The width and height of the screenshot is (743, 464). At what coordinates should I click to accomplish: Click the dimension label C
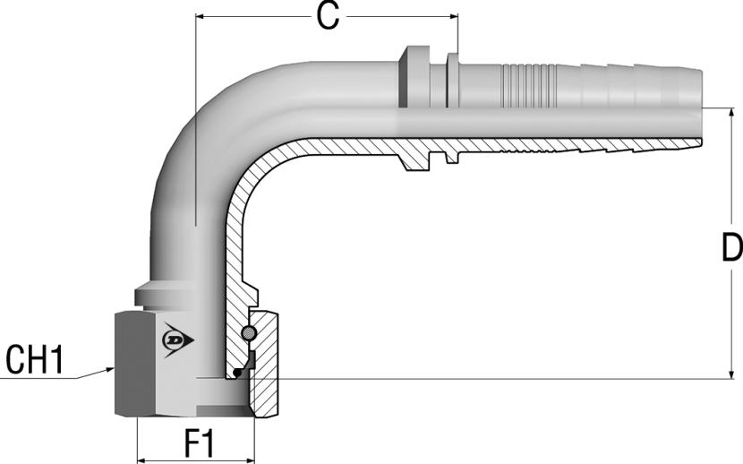click(x=328, y=18)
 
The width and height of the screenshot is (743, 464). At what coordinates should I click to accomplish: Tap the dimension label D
click(x=732, y=247)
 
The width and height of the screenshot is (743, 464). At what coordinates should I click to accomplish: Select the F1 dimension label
click(x=200, y=444)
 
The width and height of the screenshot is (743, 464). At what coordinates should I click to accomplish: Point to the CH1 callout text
click(x=35, y=360)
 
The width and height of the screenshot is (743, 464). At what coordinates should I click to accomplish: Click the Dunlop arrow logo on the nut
click(x=178, y=339)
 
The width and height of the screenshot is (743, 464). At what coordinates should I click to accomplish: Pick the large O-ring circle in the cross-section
click(x=249, y=333)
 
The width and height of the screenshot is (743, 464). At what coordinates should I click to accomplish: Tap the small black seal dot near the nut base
click(x=237, y=374)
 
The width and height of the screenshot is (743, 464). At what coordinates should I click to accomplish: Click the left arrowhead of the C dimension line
click(x=201, y=17)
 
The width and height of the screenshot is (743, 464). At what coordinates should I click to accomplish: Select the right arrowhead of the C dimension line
click(x=454, y=17)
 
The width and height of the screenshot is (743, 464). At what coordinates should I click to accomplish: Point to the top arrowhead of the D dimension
click(x=732, y=114)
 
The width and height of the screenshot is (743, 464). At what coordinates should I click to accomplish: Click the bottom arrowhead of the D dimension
click(x=732, y=374)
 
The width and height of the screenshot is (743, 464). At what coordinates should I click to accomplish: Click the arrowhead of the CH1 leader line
click(x=110, y=369)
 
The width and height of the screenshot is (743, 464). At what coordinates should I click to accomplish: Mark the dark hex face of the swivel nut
click(x=134, y=364)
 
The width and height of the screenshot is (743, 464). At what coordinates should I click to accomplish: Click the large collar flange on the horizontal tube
click(x=414, y=77)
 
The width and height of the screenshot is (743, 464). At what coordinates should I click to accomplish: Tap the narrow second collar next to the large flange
click(x=453, y=80)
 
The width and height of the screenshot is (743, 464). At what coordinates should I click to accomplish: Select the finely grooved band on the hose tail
click(x=527, y=83)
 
